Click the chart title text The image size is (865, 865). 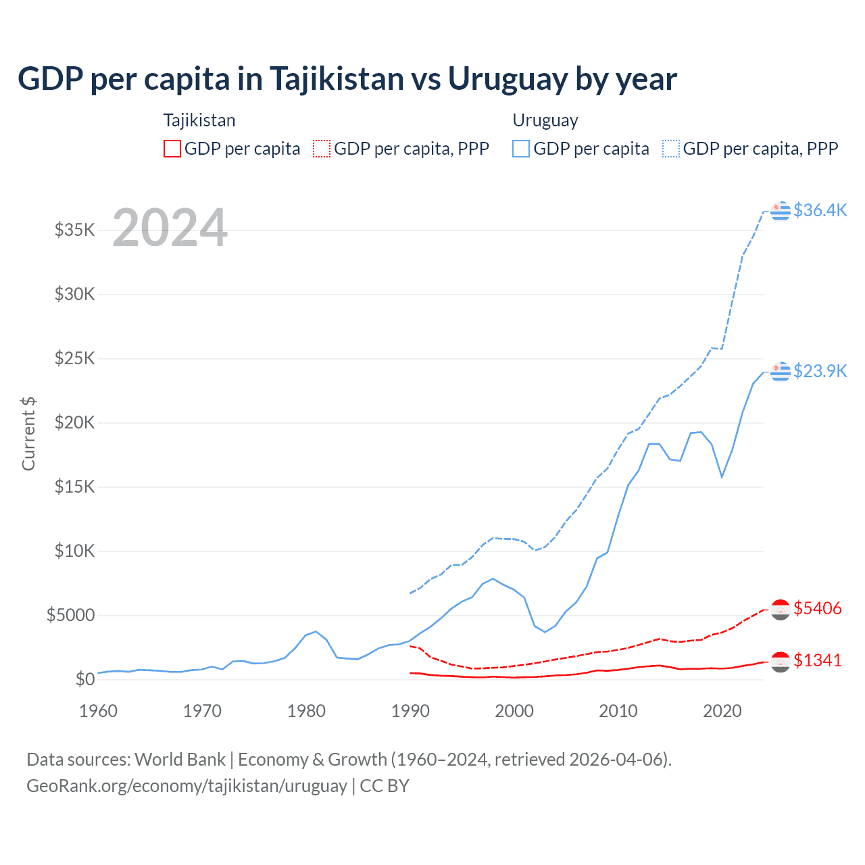[x=347, y=79]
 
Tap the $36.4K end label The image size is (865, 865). [x=820, y=210]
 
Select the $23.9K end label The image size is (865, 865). [x=820, y=371]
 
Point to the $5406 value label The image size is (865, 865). [x=818, y=608]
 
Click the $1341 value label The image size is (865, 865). [x=818, y=660]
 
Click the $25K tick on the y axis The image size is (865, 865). [x=75, y=358]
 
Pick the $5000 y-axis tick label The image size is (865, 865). [x=71, y=615]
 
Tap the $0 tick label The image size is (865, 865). [x=85, y=679]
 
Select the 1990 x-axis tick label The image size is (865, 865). [x=411, y=711]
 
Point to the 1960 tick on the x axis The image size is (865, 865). [x=99, y=711]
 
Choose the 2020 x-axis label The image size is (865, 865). [x=722, y=711]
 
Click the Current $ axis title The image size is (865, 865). [x=28, y=433]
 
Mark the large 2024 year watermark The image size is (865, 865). [x=170, y=228]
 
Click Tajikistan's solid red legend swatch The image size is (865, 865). [x=172, y=149]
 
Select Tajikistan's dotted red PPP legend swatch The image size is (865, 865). [x=322, y=149]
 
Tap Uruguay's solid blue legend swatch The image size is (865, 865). [x=521, y=149]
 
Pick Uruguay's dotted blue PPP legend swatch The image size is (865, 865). [x=671, y=149]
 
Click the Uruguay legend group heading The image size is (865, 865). [x=545, y=120]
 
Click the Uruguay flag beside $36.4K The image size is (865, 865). [x=781, y=211]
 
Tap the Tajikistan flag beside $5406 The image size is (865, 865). [x=781, y=610]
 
